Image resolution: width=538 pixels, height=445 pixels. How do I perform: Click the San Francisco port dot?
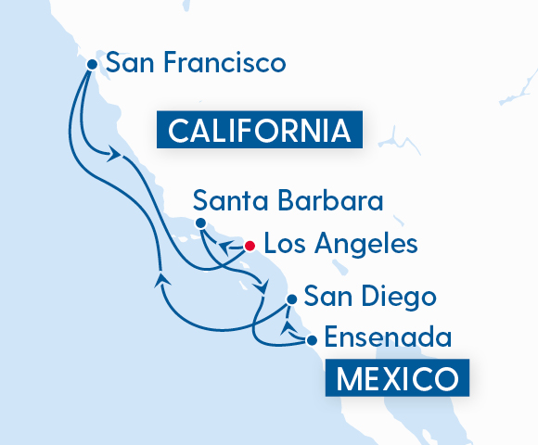(93, 64)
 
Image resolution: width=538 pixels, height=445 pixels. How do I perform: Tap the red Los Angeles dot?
(249, 246)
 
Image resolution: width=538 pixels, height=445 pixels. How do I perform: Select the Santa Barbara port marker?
(200, 222)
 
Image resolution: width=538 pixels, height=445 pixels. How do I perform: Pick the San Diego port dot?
(292, 299)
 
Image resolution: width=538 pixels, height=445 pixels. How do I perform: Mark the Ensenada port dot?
(312, 340)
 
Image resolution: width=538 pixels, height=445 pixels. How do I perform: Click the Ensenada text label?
(387, 338)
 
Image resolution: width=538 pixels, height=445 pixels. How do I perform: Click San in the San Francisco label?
(127, 63)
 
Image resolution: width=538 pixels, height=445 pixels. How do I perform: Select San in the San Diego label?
(326, 299)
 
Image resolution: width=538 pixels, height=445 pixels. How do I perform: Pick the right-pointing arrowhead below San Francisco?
(115, 156)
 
